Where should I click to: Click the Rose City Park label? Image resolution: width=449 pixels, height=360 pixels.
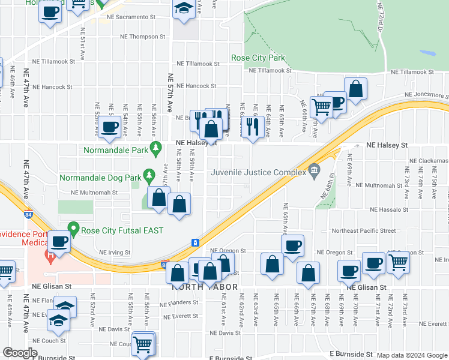click(x=258, y=58)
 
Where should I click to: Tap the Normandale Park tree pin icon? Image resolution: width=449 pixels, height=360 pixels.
click(x=156, y=148)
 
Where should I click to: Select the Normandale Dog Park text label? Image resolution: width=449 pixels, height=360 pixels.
click(x=100, y=178)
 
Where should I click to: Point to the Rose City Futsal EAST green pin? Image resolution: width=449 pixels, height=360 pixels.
click(x=74, y=228)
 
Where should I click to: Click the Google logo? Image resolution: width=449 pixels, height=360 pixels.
click(x=20, y=353)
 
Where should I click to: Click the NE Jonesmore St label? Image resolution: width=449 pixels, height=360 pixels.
click(x=426, y=95)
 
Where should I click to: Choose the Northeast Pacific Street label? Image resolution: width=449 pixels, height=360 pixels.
click(x=364, y=230)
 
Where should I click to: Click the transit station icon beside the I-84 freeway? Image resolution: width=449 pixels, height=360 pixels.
click(x=195, y=242)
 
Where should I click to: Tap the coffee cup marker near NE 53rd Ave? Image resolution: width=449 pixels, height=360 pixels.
click(x=110, y=127)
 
